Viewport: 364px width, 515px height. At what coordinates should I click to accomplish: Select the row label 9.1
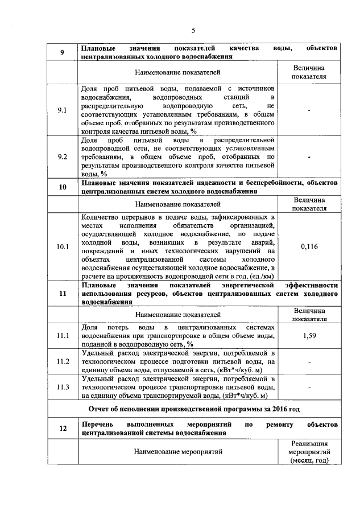63,110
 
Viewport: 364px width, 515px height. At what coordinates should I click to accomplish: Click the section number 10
63,187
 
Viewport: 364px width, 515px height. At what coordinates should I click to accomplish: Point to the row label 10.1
63,246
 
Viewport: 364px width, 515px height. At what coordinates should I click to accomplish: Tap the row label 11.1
63,336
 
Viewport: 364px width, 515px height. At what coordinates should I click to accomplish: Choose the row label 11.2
63,362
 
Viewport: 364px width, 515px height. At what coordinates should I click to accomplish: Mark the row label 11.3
63,388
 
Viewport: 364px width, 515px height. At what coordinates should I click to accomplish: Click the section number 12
63,429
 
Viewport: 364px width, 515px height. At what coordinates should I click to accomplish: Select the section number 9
63,53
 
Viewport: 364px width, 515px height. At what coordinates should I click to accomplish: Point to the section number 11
63,294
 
